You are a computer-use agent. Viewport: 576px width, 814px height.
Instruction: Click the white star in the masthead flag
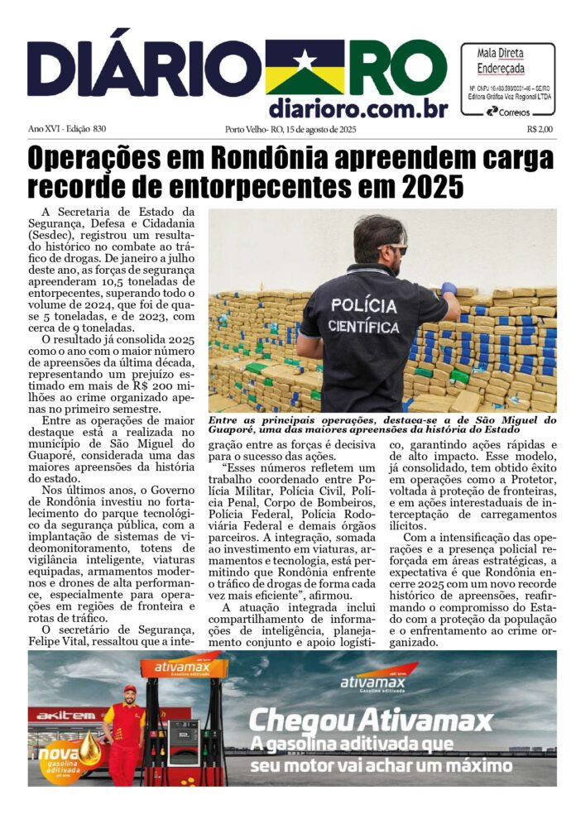[x=305, y=60]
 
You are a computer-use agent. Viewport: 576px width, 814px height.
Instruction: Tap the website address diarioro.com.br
[x=358, y=109]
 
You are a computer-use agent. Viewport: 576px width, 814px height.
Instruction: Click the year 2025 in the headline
[x=428, y=186]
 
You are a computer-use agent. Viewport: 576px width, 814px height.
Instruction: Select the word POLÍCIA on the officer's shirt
[x=363, y=304]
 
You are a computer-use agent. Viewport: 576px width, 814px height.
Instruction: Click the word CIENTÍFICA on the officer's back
[x=364, y=326]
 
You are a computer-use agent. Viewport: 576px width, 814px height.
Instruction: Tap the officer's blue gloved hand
[x=449, y=289]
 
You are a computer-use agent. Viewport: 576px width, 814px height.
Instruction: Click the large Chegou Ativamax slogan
[x=371, y=720]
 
